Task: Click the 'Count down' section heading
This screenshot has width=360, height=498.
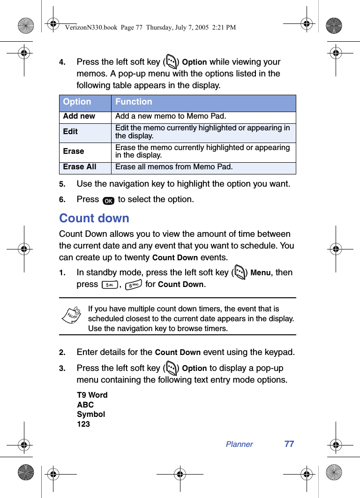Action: [94, 219]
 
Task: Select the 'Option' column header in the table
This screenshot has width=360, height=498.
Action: [77, 102]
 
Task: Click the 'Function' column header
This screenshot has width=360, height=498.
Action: [134, 102]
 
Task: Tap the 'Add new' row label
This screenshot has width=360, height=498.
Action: [79, 116]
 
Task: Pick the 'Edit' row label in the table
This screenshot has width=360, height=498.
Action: [71, 132]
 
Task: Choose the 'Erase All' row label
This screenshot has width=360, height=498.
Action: [80, 167]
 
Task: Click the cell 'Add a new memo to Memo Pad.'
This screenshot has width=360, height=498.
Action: [171, 116]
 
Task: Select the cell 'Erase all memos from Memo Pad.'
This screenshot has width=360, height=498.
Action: [174, 167]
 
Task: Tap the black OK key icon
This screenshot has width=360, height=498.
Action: [108, 201]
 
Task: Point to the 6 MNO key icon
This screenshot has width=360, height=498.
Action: [133, 285]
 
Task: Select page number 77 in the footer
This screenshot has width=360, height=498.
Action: [289, 444]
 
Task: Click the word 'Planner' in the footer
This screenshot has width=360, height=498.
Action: [239, 445]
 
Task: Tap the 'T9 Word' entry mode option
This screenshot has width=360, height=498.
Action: [92, 395]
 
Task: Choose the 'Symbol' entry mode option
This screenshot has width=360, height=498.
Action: [91, 415]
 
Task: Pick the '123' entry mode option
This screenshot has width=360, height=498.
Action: [83, 424]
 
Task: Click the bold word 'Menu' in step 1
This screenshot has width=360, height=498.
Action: [261, 273]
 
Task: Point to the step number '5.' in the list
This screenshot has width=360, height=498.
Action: [62, 184]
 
